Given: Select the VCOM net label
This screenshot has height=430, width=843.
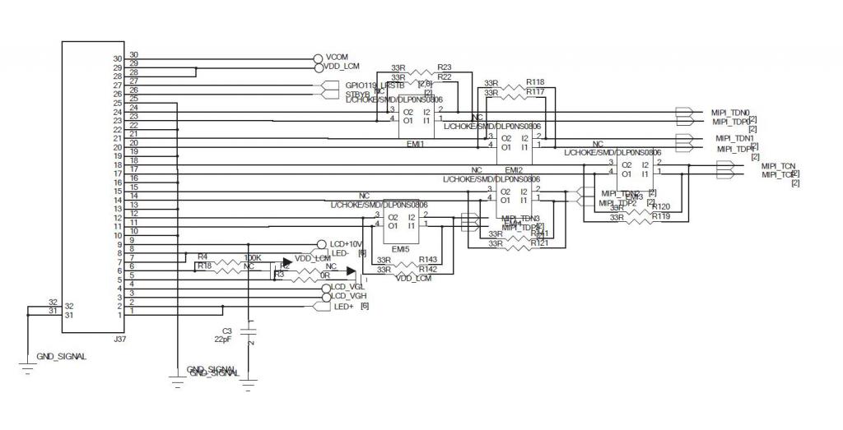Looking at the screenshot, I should click(337, 57).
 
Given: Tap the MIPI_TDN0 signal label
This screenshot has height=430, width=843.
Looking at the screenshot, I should click(730, 112).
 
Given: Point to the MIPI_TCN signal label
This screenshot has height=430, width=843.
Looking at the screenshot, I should click(778, 165).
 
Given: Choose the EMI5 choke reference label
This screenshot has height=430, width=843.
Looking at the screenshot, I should click(401, 248).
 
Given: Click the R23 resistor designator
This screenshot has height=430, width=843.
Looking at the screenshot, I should click(445, 67).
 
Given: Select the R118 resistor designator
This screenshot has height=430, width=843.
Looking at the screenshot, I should click(535, 82).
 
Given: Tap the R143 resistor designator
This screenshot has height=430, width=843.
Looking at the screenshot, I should click(427, 259).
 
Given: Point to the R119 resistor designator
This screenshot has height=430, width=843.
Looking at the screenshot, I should click(661, 217).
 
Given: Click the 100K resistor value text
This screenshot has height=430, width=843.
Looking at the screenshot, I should click(253, 257).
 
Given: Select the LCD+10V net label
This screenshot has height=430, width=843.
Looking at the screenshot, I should click(347, 244).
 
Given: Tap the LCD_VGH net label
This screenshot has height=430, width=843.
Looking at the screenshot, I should click(348, 296).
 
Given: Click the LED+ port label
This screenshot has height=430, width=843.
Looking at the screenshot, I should click(343, 307).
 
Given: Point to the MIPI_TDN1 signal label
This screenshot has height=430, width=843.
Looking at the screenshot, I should click(734, 138).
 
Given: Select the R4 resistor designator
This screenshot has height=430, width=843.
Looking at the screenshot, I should click(202, 257).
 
